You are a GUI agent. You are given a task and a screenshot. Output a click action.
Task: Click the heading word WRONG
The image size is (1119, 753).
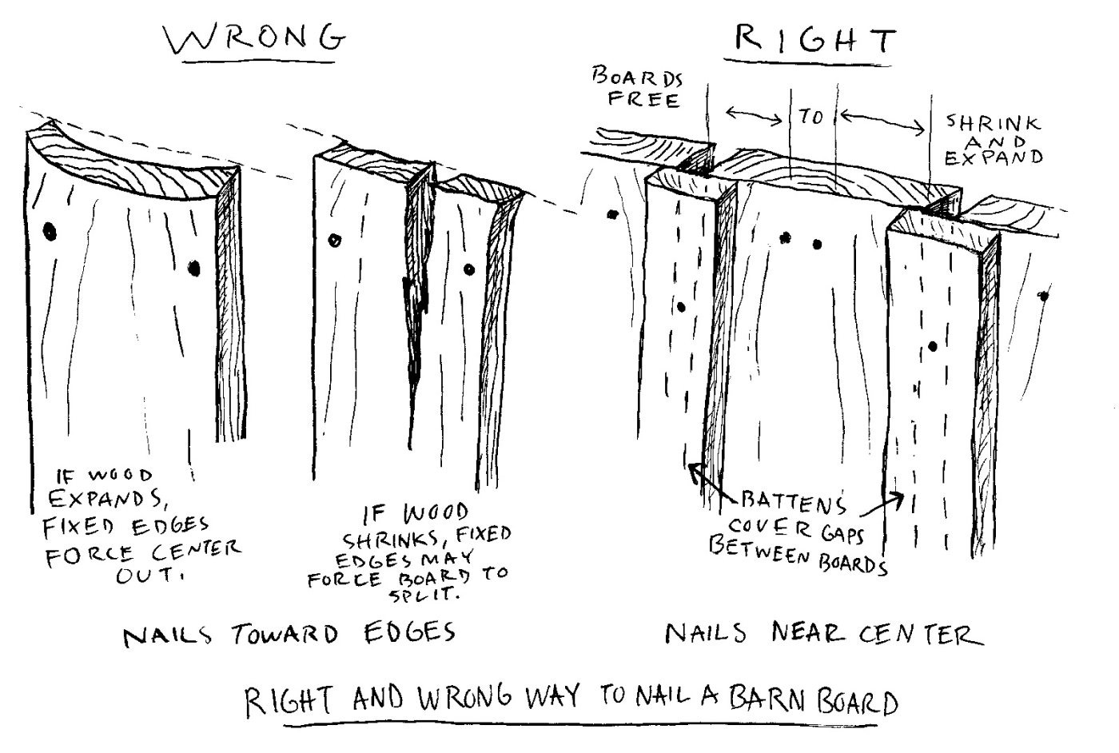[255, 39]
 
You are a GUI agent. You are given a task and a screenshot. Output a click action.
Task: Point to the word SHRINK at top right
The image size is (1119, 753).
[994, 123]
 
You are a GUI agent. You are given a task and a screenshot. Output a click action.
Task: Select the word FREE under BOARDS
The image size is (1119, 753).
[643, 100]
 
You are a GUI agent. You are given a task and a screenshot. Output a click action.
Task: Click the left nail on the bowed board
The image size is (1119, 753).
[50, 233]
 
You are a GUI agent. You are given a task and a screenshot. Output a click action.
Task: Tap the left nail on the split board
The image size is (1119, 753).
[335, 240]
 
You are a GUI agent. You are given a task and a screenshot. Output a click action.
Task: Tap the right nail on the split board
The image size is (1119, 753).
[469, 270]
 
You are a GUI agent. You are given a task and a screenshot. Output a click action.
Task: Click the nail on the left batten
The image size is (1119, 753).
[681, 306]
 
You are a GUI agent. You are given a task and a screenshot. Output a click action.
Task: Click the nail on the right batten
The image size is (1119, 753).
[933, 347]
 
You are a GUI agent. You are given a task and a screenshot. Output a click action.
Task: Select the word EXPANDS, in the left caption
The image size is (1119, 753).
[107, 499]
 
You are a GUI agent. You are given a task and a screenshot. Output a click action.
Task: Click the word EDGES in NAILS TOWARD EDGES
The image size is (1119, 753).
[409, 633]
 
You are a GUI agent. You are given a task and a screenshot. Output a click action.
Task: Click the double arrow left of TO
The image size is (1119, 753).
[754, 117]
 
